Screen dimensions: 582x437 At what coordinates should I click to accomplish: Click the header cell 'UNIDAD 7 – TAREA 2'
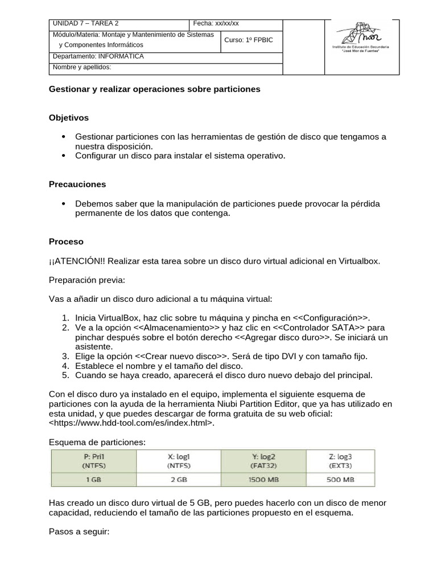click(86, 23)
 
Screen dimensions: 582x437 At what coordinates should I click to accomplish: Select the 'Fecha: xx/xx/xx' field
click(216, 23)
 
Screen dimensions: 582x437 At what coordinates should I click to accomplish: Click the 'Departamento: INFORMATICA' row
click(98, 57)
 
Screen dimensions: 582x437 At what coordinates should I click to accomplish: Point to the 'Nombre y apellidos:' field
click(82, 68)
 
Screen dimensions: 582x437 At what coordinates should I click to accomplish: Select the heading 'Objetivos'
click(69, 118)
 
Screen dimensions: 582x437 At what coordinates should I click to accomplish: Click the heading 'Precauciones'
click(77, 184)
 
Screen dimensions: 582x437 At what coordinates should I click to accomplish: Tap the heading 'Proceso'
click(66, 242)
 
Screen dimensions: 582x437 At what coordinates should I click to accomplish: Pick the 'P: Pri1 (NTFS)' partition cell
click(94, 460)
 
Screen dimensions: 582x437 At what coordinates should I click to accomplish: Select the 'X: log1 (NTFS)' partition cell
click(179, 460)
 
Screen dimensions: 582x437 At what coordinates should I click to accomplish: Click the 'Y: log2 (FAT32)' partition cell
click(263, 460)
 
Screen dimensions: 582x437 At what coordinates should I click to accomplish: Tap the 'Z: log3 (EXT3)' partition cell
click(341, 460)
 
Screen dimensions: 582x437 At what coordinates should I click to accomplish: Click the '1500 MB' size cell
click(263, 479)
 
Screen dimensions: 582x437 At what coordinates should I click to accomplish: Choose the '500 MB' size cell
click(341, 479)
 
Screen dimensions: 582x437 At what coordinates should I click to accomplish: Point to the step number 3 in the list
click(65, 356)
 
